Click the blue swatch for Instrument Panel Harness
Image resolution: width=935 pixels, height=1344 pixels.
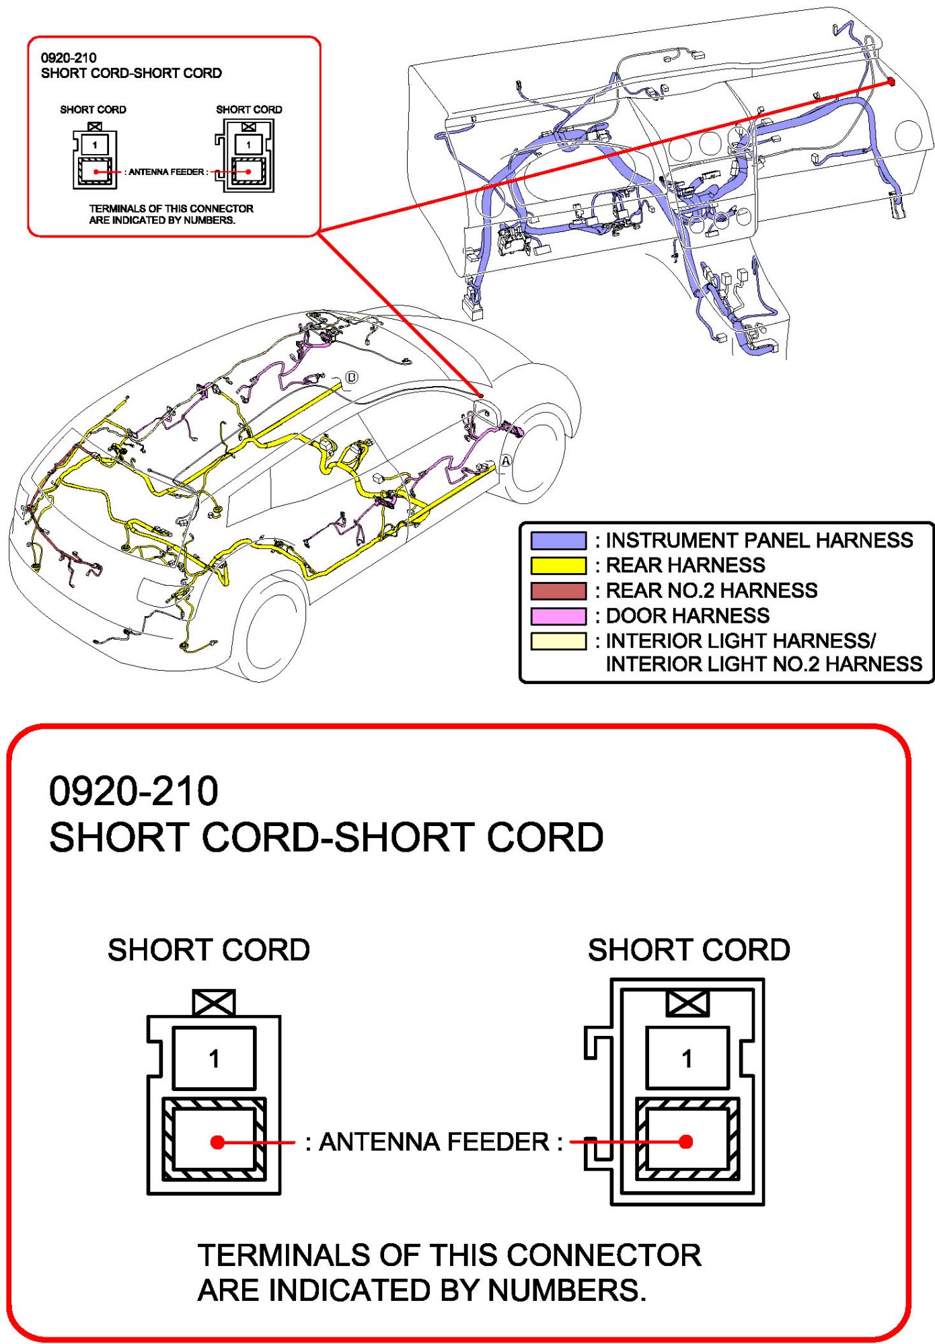click(x=558, y=541)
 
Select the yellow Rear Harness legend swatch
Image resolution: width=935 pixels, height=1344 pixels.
click(x=558, y=566)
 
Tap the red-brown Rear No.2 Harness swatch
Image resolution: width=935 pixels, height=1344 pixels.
click(x=558, y=591)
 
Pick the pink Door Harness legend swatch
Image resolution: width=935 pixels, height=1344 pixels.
click(x=558, y=616)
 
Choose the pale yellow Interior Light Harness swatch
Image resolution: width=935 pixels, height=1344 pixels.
click(x=558, y=641)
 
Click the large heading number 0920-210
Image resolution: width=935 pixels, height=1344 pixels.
click(x=134, y=791)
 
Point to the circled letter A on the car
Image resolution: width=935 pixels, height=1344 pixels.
click(x=506, y=461)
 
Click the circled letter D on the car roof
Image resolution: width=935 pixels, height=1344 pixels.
click(x=352, y=377)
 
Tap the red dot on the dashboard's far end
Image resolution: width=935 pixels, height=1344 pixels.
click(x=891, y=81)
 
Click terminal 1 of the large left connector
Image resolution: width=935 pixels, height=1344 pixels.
click(x=214, y=1059)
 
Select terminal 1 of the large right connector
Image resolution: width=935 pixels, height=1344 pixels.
click(x=687, y=1059)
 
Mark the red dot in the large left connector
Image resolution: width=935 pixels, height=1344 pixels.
click(x=217, y=1142)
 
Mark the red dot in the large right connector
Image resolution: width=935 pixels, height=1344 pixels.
click(x=686, y=1142)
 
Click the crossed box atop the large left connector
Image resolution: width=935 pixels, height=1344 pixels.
click(x=214, y=1003)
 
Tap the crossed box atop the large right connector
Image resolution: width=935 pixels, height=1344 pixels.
click(x=687, y=1003)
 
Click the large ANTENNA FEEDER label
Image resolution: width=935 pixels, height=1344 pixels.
click(x=434, y=1142)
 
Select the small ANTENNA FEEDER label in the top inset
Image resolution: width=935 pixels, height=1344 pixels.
click(x=167, y=172)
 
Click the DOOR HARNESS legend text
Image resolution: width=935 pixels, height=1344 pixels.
click(x=687, y=616)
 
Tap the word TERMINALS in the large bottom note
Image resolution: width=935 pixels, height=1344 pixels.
click(x=283, y=1256)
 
